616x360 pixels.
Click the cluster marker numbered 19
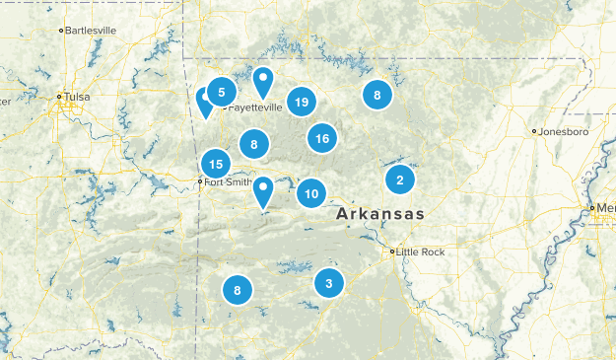click(x=302, y=103)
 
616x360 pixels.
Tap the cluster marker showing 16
click(x=322, y=139)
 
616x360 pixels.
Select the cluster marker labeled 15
click(x=217, y=165)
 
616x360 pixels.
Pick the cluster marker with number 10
click(x=311, y=193)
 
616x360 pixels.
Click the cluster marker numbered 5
click(x=222, y=93)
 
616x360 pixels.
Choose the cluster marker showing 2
click(x=399, y=180)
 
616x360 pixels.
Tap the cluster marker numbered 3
click(x=329, y=283)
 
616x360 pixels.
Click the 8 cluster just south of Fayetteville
click(x=254, y=146)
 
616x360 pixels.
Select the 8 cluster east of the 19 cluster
click(x=376, y=96)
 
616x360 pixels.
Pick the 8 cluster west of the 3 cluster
click(x=238, y=290)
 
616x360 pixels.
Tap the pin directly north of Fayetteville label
click(x=263, y=81)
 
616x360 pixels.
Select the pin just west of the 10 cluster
click(x=263, y=190)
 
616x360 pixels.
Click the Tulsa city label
click(x=76, y=97)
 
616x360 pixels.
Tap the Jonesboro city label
click(x=563, y=131)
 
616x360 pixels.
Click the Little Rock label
click(x=422, y=252)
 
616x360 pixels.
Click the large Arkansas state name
click(x=379, y=214)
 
